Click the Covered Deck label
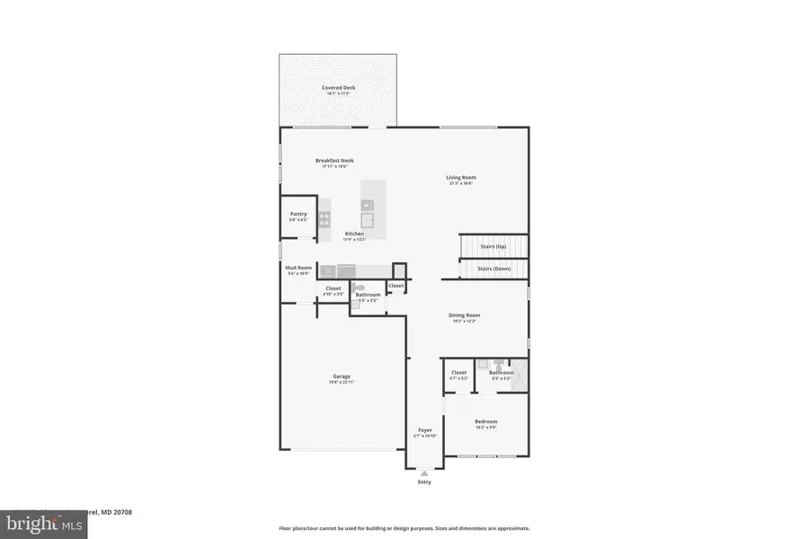tap(338, 88)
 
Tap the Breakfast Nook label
tap(333, 161)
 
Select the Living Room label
tap(461, 178)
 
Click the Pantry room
tap(298, 216)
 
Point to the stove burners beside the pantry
tap(324, 217)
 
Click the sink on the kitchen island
tap(368, 218)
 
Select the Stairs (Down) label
tap(493, 269)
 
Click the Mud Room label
tap(298, 269)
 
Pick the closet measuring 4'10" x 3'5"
tap(333, 290)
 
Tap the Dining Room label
tap(465, 315)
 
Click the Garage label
tap(342, 376)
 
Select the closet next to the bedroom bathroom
tap(458, 375)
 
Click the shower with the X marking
tap(520, 375)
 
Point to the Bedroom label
tap(485, 422)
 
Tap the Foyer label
tap(424, 430)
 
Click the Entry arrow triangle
tap(424, 473)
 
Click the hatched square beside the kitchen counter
tap(399, 270)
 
